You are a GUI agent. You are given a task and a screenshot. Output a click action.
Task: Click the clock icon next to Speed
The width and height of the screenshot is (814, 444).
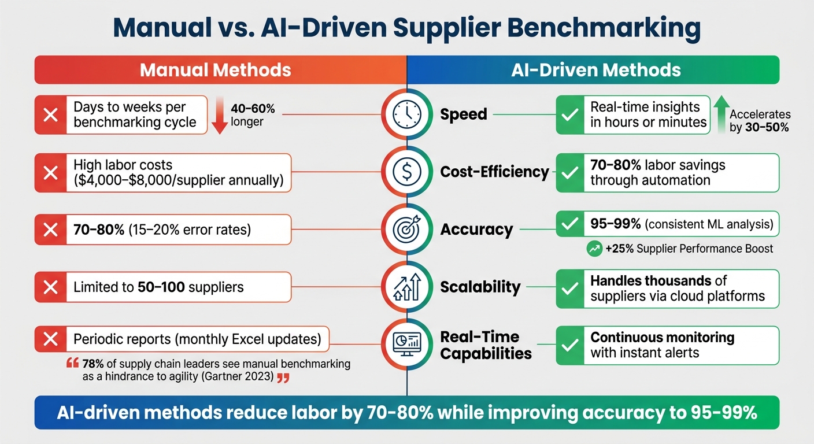pos(407,114)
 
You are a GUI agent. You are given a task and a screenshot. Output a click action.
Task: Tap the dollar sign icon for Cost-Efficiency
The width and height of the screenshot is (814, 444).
pos(407,172)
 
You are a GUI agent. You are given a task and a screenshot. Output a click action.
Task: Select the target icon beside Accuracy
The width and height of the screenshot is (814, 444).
pos(407,230)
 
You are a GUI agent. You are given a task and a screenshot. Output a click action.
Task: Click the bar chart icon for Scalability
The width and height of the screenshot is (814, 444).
pos(407,287)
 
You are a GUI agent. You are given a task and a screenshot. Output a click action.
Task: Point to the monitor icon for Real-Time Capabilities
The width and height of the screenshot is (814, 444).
pos(407,345)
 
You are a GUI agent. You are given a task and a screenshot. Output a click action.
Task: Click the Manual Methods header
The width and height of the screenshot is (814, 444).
pos(215,70)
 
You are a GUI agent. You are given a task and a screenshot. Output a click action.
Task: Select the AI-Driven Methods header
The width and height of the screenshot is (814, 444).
pos(596,70)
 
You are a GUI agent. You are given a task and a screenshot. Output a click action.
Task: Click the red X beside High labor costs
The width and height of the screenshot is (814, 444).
pos(51,172)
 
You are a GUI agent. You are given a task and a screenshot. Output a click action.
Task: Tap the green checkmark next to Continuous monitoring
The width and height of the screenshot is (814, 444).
pos(570,345)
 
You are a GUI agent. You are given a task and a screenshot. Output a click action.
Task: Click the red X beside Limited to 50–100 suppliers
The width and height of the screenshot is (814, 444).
pos(51,287)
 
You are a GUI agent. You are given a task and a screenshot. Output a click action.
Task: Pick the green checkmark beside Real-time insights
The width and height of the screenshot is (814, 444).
pos(570,114)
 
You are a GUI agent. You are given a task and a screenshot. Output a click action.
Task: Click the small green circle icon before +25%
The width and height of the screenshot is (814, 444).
pos(594,249)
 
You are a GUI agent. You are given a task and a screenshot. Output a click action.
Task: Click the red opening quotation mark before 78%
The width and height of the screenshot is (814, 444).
pos(72,364)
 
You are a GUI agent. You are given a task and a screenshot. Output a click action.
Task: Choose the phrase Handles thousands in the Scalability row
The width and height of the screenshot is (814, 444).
pos(650,281)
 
